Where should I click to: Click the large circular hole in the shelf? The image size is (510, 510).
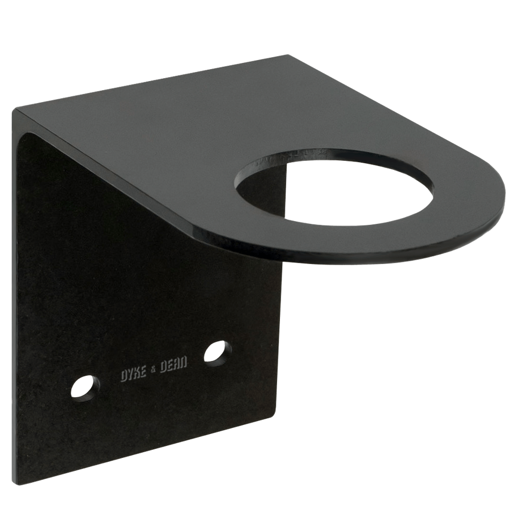(x=334, y=187)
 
